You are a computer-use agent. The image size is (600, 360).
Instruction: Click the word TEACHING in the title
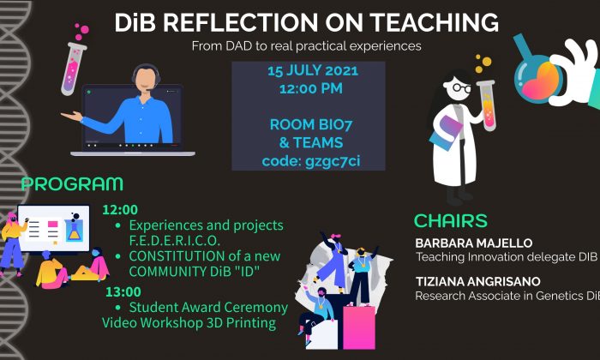pos(435,22)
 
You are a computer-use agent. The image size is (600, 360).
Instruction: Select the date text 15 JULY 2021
pos(313,71)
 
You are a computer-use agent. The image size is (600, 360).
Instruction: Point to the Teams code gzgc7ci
pos(333,161)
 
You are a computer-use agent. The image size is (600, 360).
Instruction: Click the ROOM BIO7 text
pos(311,125)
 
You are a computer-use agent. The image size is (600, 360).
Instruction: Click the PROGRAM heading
pos(72,184)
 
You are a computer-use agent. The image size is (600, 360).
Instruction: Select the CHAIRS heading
pos(451,221)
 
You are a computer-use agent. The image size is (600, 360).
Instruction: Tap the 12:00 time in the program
pos(120,210)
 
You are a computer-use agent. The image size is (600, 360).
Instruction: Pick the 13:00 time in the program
pos(123,292)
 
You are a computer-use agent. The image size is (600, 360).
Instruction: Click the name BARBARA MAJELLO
pos(474,243)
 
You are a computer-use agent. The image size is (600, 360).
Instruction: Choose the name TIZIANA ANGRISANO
pos(478,282)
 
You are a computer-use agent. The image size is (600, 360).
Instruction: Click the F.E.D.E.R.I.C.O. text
pos(175,241)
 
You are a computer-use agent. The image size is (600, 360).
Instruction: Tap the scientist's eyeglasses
pos(461,87)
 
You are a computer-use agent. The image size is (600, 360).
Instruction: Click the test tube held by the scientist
pos(487,105)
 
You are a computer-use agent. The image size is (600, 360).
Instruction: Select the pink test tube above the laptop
pos(73,69)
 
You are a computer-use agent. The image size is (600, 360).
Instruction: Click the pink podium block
pos(358,327)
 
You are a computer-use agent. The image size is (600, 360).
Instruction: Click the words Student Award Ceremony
pos(208,307)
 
